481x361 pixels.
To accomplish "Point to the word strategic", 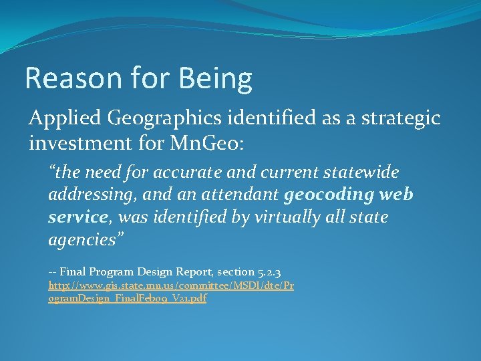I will tap(402, 119).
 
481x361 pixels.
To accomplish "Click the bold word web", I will tap(398, 195).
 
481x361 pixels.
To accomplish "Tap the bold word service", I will tap(78, 217).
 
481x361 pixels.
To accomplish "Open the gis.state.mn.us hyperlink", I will tap(171, 285).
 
